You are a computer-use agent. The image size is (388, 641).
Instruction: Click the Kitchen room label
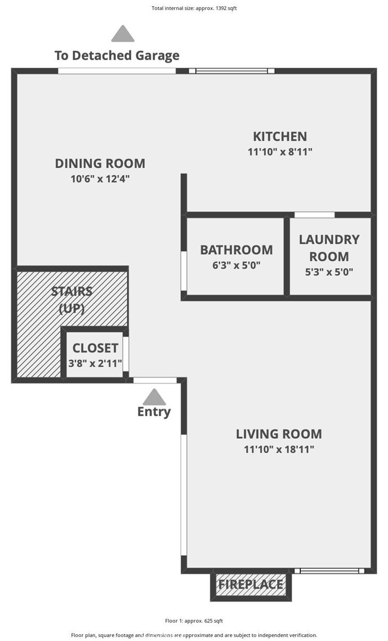tap(280, 136)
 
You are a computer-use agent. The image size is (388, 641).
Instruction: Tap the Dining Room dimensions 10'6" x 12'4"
tap(100, 179)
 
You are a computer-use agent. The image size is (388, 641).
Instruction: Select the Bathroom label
tap(237, 250)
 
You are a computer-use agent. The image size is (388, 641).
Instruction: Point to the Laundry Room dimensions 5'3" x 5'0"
tap(329, 271)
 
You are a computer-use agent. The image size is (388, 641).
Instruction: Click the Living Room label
tap(279, 434)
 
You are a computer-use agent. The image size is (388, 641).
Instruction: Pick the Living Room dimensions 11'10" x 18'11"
tap(279, 449)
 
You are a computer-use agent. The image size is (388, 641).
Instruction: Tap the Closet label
tap(95, 348)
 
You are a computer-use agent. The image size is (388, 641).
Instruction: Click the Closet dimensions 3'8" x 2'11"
tap(95, 363)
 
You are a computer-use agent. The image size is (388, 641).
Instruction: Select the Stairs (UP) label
tap(72, 300)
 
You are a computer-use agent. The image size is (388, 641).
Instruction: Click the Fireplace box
tap(251, 585)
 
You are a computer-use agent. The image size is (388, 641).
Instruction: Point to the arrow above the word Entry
tap(154, 397)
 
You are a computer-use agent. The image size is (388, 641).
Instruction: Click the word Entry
tap(154, 412)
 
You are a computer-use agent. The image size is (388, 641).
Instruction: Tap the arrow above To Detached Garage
tap(123, 34)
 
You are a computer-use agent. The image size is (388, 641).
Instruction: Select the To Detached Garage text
tap(117, 56)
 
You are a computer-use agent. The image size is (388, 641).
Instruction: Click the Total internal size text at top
tap(194, 8)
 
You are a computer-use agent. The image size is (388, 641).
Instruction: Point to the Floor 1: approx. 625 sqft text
tap(194, 621)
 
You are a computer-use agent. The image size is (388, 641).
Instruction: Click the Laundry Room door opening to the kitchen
tap(314, 215)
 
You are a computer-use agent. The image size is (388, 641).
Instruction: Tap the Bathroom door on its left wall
tap(184, 271)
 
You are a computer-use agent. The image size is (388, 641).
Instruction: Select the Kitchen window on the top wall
tap(231, 71)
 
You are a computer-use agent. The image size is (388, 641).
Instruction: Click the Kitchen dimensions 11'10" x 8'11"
tap(280, 152)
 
